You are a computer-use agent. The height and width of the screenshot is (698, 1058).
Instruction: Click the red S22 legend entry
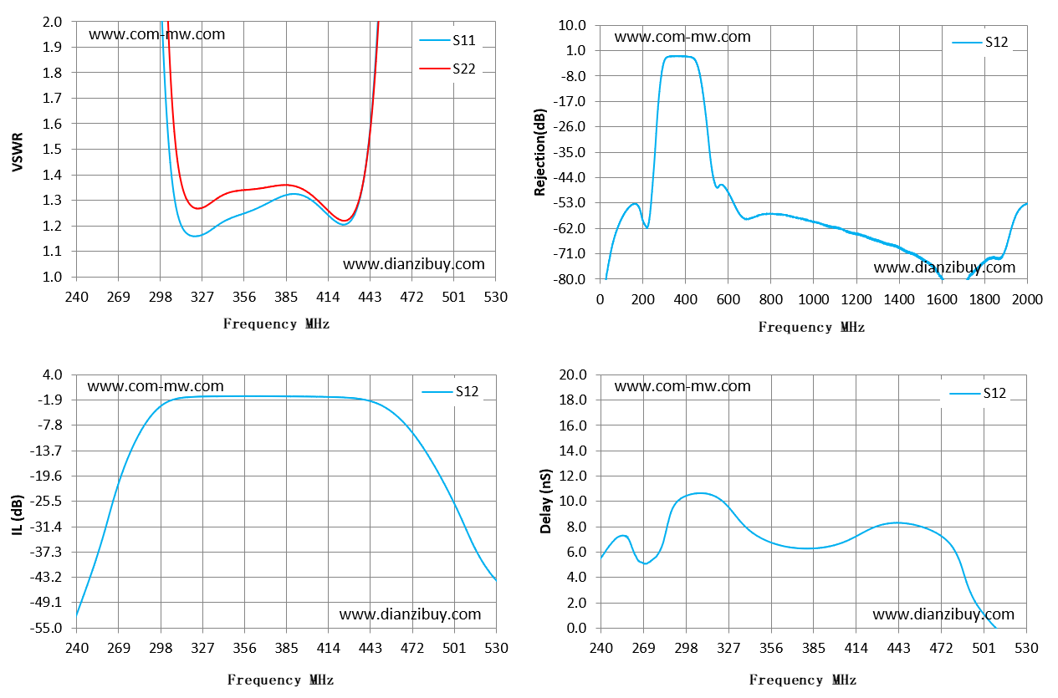[x=447, y=69]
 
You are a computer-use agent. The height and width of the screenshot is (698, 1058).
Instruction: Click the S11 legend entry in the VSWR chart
[x=447, y=41]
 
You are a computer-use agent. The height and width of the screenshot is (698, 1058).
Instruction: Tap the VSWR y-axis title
[x=18, y=152]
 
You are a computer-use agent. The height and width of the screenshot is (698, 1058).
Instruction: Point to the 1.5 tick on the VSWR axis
[x=52, y=149]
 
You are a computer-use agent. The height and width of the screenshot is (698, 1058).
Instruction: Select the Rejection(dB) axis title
[x=539, y=152]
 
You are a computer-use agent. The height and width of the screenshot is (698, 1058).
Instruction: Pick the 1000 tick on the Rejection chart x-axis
[x=813, y=300]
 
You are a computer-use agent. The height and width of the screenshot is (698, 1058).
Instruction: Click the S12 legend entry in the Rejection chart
[x=980, y=43]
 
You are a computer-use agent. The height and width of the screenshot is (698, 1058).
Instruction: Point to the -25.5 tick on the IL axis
[x=46, y=502]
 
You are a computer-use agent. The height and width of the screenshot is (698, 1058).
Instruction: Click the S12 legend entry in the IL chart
[x=450, y=392]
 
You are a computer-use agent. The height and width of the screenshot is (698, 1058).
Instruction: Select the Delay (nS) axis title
[x=545, y=502]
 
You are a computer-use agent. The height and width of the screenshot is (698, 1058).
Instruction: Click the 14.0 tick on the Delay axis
[x=572, y=451]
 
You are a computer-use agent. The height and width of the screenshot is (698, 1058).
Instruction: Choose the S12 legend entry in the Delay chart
[x=978, y=393]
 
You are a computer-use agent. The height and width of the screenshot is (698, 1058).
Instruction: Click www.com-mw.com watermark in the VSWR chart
[x=156, y=34]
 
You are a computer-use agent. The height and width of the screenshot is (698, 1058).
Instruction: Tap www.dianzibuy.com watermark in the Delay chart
[x=943, y=614]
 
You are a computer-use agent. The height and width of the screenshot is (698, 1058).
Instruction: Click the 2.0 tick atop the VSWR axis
[x=52, y=22]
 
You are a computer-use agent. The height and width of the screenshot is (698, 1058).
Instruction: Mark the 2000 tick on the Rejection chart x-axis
[x=1027, y=300]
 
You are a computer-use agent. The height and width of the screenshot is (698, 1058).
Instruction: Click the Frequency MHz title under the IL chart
[x=280, y=680]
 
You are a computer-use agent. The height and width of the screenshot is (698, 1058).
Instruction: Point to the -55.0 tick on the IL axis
[x=46, y=628]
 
